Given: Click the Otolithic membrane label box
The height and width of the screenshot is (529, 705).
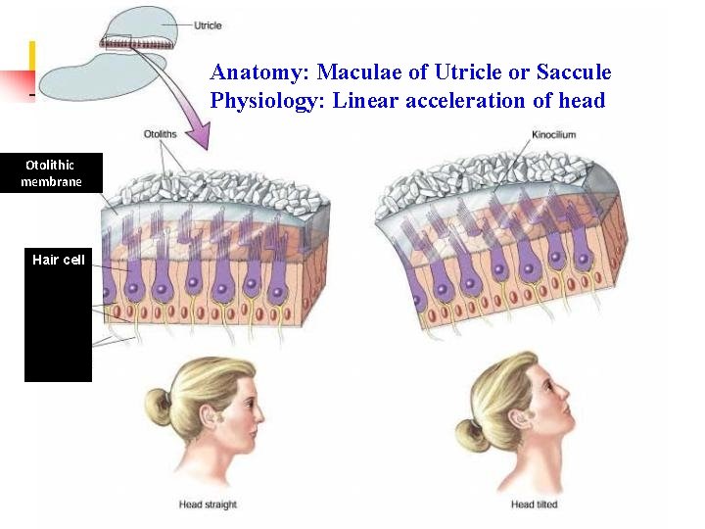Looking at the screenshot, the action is [x=51, y=173].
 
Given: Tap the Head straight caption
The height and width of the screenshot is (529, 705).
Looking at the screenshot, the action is [x=208, y=505].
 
